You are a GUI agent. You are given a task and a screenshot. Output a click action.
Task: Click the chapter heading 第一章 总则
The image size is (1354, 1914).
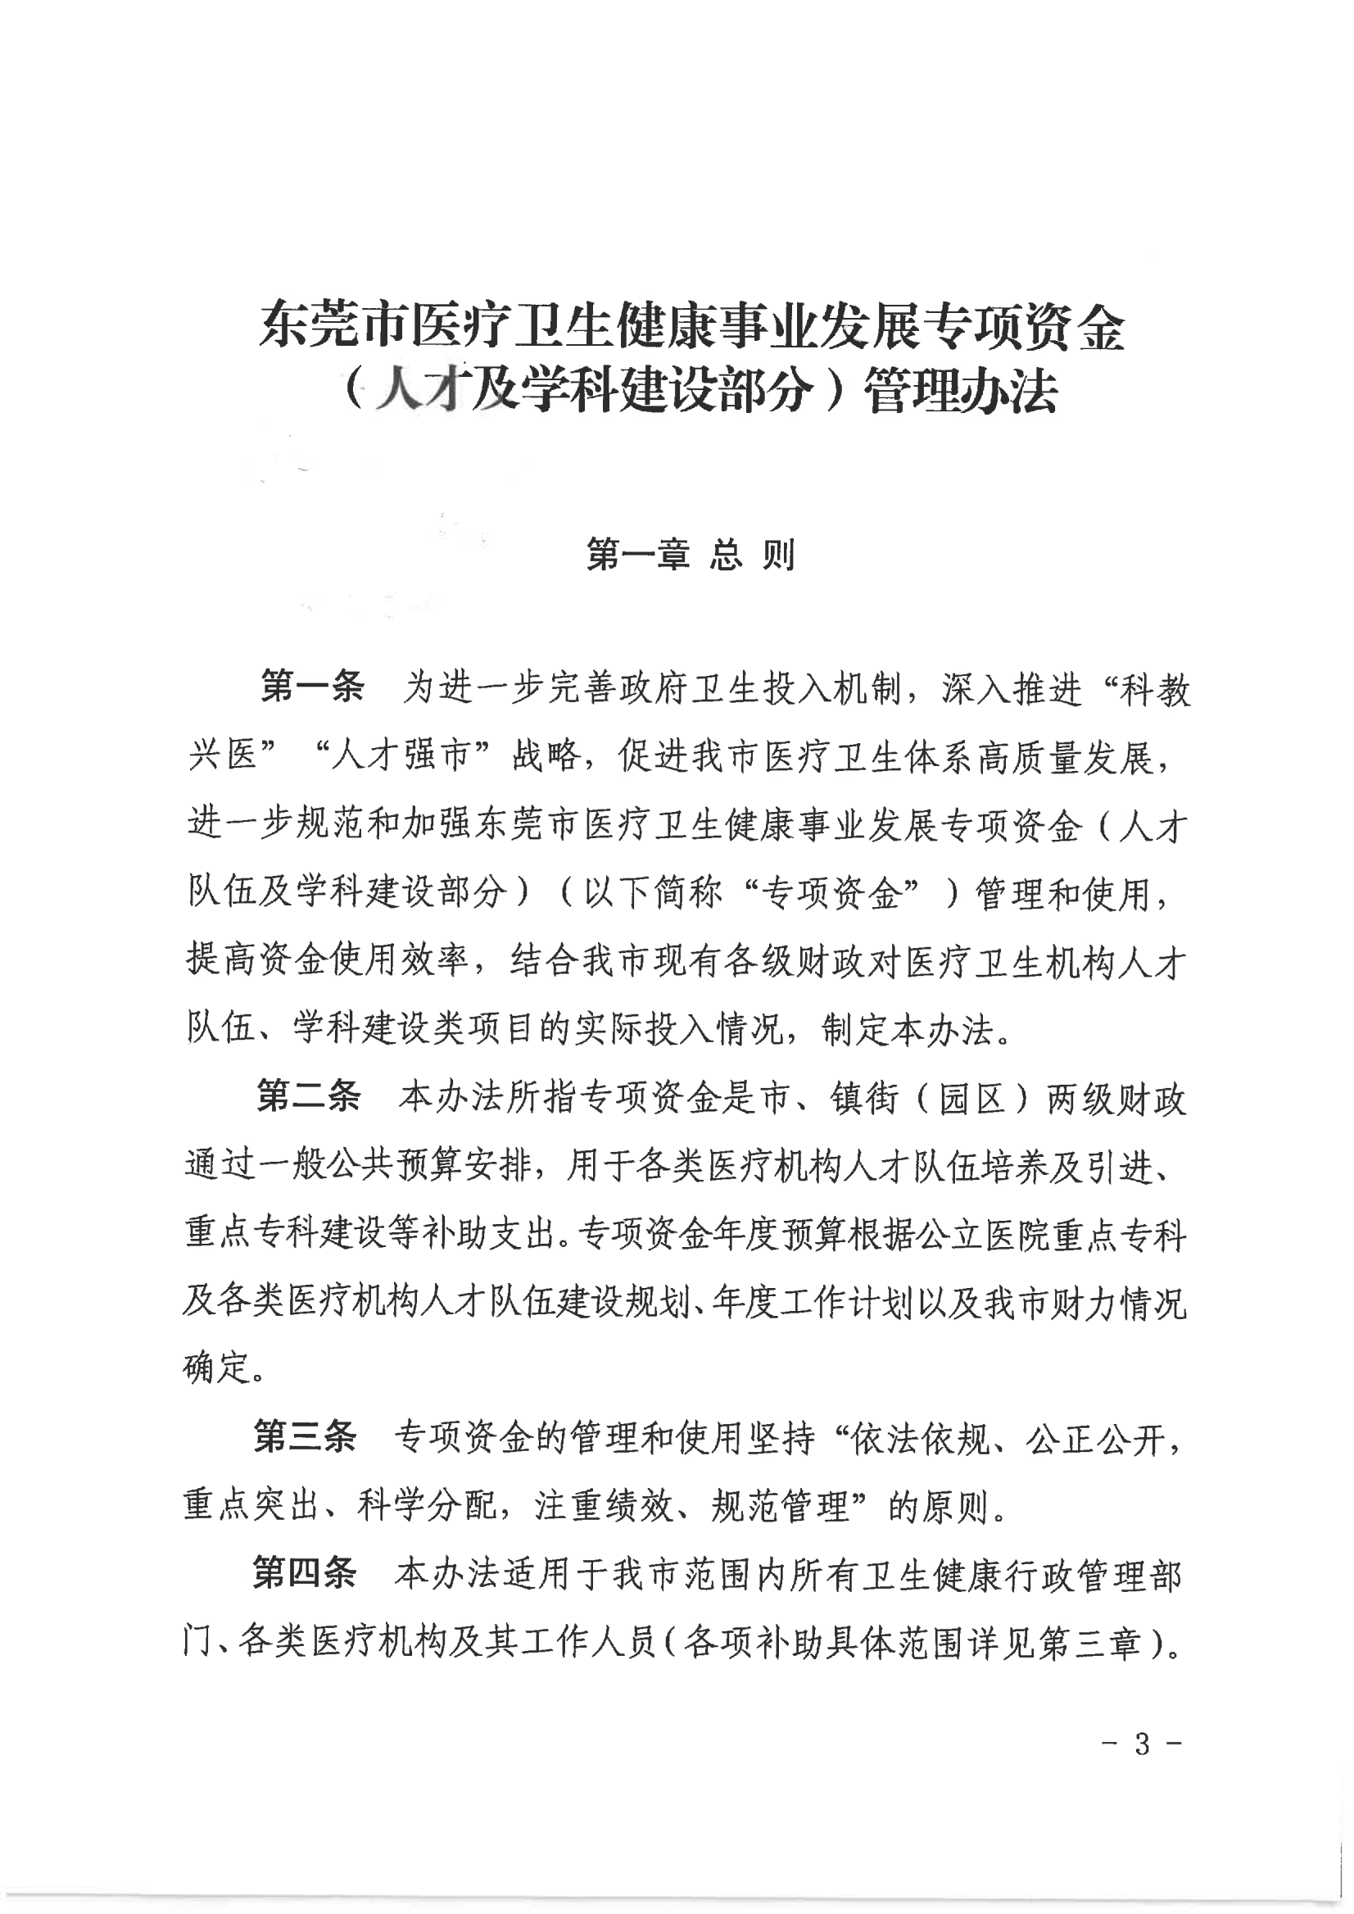(x=691, y=555)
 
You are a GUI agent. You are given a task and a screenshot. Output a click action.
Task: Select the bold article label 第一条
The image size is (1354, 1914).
(x=313, y=688)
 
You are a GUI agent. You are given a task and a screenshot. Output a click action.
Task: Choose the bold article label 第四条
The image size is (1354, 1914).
(x=306, y=1573)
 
